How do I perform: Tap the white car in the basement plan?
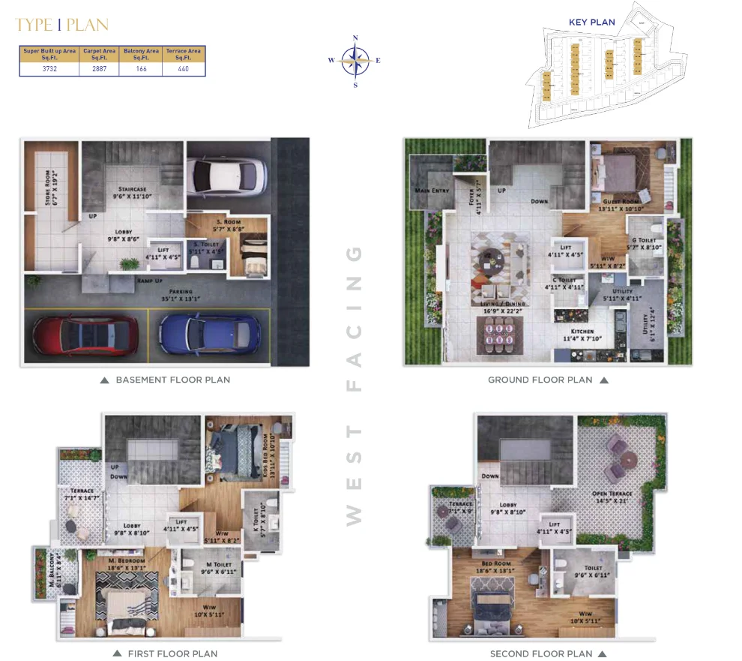coord(226,176)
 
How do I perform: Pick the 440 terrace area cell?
coord(184,68)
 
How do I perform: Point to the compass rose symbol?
coord(355,61)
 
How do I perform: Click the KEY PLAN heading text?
coord(591,23)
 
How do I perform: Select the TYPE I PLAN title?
coord(61,25)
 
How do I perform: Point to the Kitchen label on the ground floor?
coord(582,331)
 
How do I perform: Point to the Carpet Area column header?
coord(97,53)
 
